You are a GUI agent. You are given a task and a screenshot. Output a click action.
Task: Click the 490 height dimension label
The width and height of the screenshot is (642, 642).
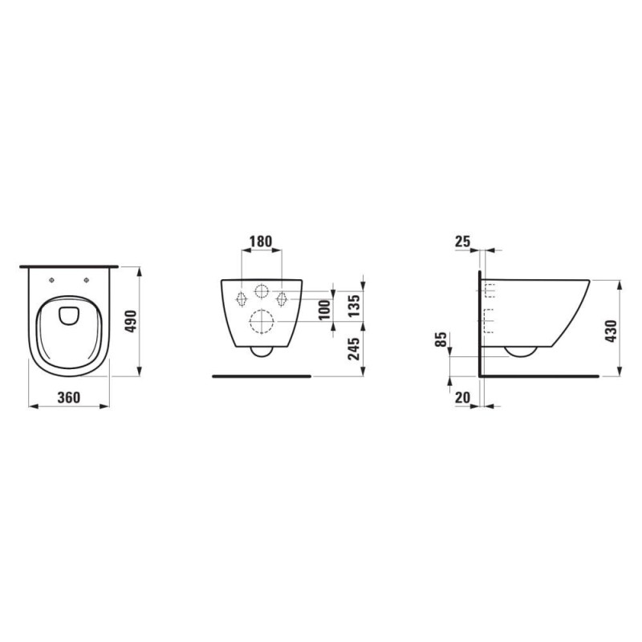click(x=131, y=322)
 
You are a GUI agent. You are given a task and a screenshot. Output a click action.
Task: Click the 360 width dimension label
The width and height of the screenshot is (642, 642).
click(x=69, y=397)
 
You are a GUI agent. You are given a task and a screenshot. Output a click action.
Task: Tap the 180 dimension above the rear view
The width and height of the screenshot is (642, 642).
click(x=261, y=242)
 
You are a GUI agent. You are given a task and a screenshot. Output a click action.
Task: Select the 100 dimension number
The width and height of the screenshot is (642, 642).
click(x=324, y=310)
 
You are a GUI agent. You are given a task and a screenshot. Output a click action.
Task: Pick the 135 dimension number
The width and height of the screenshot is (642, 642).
click(x=353, y=306)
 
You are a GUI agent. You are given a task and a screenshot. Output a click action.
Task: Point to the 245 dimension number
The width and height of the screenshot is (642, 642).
click(x=353, y=349)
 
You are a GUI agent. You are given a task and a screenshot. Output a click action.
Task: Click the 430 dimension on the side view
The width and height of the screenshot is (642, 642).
click(x=611, y=331)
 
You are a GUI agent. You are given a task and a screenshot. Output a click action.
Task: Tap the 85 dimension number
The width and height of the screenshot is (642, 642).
click(x=441, y=339)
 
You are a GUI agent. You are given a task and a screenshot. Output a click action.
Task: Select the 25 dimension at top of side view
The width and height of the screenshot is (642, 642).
click(x=463, y=242)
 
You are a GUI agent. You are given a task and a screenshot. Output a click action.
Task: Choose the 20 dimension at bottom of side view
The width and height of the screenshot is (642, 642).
click(x=463, y=397)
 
